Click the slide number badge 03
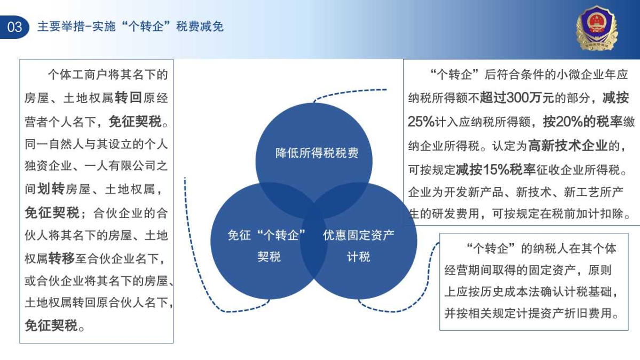pos(14,27)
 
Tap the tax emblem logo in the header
pos(596,28)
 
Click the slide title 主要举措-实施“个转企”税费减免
pos(130,27)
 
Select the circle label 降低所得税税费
pos(317,153)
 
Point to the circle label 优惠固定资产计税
pos(358,246)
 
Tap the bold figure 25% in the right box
pos(421,122)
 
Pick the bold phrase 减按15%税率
pos(495,169)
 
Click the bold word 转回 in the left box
pos(128,98)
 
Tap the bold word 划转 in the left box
pos(51,189)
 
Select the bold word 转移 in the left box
pos(61,259)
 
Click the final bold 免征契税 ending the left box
pos(51,325)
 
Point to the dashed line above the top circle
pos(350,92)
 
